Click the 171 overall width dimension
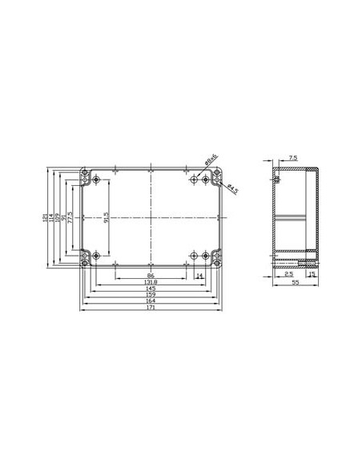150,309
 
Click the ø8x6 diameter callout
210,163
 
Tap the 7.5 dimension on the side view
293,159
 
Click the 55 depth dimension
295,283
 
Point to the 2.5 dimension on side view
288,274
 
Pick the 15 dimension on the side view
312,274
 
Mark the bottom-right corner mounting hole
215,260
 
